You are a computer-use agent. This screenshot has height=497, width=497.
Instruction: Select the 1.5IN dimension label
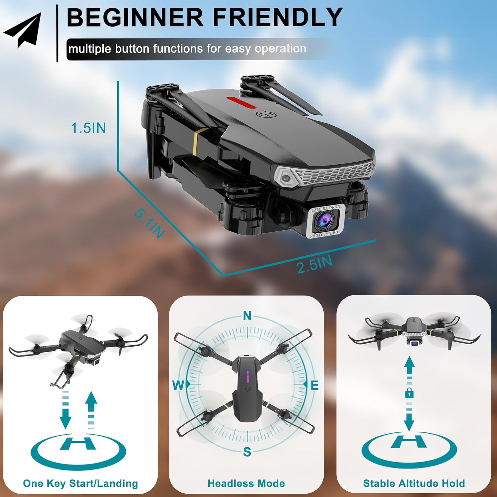pos(88,128)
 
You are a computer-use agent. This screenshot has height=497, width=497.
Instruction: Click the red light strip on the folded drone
pos(242,102)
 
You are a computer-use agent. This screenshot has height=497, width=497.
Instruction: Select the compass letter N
pos(247,316)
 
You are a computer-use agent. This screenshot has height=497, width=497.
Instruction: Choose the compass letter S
pos(247,452)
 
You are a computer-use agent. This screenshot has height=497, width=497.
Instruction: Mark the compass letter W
pos(178,385)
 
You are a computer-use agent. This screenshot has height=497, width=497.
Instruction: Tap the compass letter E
pos(314,385)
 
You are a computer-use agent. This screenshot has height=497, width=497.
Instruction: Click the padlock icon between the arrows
pos(410,393)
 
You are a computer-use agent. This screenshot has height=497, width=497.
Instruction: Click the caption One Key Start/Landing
pos(81,483)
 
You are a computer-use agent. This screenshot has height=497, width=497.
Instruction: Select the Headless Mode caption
pos(246,483)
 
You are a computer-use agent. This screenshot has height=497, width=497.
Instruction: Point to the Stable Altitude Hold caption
pos(414,483)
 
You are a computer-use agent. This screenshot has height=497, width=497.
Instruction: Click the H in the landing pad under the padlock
pos(409,442)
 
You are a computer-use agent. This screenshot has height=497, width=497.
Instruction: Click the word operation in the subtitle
pos(280,49)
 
